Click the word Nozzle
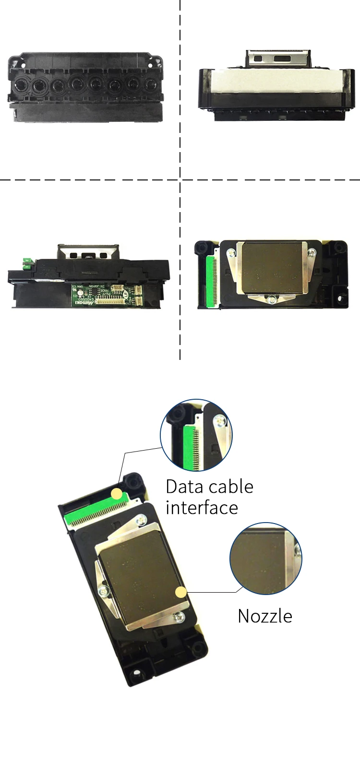(x=265, y=616)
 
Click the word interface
(x=202, y=508)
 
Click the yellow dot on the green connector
(x=117, y=494)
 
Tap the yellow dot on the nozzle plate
(x=180, y=592)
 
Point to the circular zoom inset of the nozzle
(x=265, y=559)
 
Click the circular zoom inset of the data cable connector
(x=196, y=435)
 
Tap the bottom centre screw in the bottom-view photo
(x=272, y=300)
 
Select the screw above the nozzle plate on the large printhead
(x=141, y=519)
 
